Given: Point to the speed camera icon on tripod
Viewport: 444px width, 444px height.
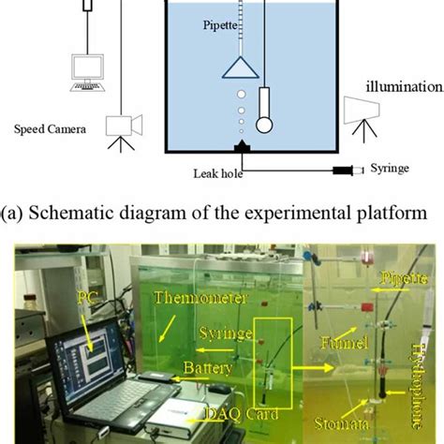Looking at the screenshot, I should [x=123, y=127].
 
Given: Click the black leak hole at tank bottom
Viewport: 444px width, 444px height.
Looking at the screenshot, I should [x=243, y=147].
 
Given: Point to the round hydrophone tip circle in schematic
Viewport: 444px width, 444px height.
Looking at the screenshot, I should [x=265, y=123].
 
